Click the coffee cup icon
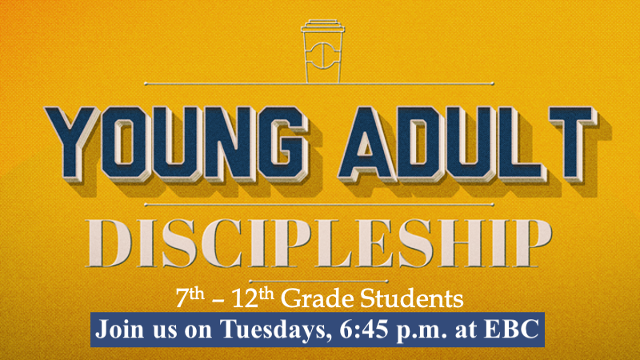[x=322, y=51]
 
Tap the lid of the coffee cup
[x=322, y=26]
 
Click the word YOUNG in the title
[x=176, y=145]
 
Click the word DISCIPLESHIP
[x=318, y=243]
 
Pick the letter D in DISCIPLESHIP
[x=109, y=243]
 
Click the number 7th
[x=190, y=298]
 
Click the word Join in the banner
[x=118, y=329]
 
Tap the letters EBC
[x=511, y=329]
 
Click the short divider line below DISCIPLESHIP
[x=318, y=282]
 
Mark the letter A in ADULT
[x=366, y=145]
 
